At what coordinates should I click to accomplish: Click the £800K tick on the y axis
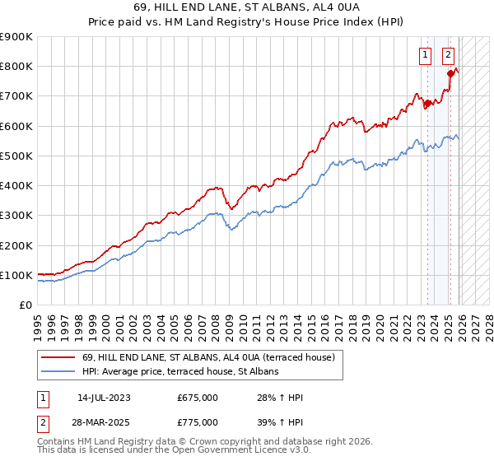pos(16,67)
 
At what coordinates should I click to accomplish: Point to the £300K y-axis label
pos(16,216)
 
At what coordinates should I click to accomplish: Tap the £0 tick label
pos(26,305)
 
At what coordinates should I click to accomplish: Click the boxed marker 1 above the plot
pos(425,56)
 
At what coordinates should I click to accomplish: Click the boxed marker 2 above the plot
pos(448,56)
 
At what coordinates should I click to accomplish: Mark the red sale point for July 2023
pos(427,104)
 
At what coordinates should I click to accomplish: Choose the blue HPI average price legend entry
pos(180,371)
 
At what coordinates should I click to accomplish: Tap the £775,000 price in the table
pos(198,421)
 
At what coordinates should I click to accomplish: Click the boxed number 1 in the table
pos(41,398)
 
